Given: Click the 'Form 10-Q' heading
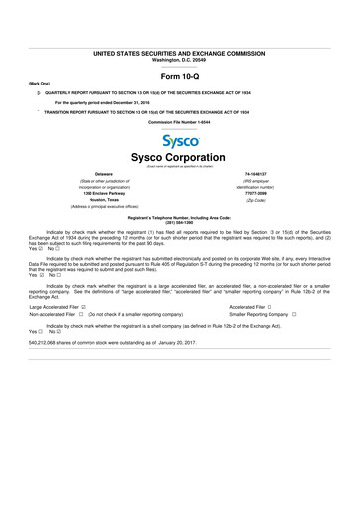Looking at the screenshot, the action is coord(180,76).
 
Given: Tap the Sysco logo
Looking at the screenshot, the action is coord(180,142).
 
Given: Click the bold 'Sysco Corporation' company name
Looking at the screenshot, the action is coord(180,160).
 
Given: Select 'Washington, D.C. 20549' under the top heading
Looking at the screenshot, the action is coord(180,59).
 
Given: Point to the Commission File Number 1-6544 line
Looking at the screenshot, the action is coord(180,121).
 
